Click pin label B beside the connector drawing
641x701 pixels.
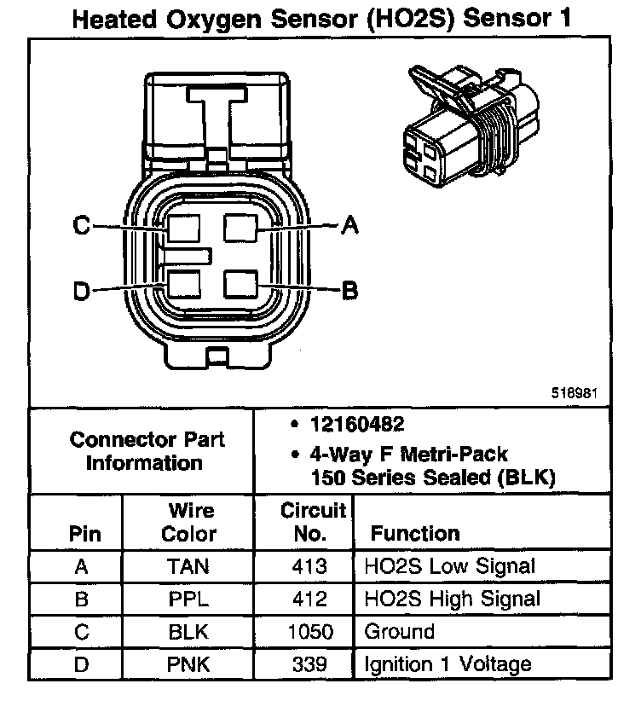point(349,291)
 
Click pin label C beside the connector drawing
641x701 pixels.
point(81,226)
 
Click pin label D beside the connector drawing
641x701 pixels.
point(81,292)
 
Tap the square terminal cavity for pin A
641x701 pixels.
point(240,229)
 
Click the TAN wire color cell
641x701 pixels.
point(188,566)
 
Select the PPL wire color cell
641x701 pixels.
point(188,599)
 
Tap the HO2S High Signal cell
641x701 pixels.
point(452,599)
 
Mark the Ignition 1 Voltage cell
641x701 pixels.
point(448,664)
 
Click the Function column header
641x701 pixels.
point(415,534)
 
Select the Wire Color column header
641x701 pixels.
point(188,522)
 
